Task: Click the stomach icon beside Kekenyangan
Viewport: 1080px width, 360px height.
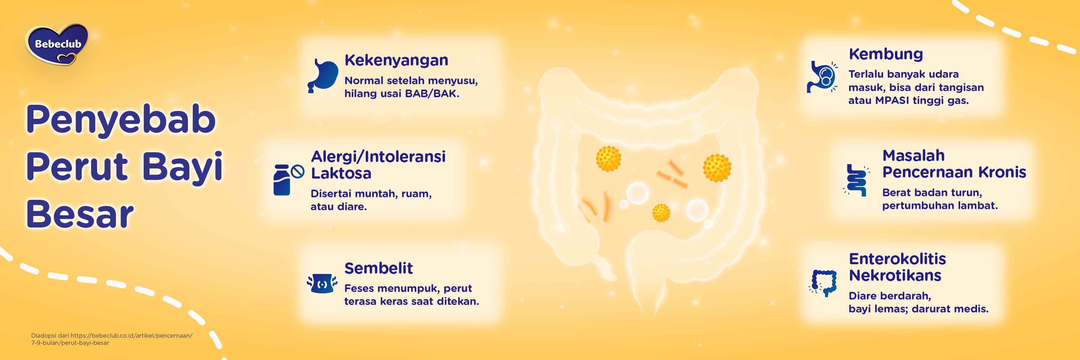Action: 323,76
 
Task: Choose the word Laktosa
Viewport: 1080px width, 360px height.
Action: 341,173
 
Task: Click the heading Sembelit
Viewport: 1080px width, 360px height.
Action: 378,268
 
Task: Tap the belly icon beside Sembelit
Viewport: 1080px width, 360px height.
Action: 322,283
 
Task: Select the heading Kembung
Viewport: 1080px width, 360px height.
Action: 886,54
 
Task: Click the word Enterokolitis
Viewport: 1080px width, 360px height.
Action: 897,259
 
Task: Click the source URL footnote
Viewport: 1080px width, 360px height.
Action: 112,339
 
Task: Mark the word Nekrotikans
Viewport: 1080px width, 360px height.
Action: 895,275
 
